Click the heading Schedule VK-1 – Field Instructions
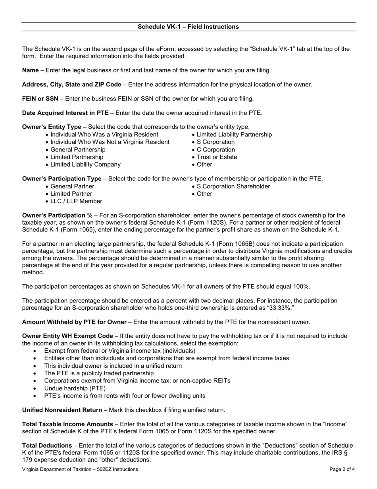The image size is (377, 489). [188, 27]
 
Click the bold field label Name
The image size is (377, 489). [30, 70]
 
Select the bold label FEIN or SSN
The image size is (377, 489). [40, 99]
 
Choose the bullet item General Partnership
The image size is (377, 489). [78, 149]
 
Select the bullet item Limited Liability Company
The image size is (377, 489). [85, 165]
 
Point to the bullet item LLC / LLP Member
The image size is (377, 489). [76, 201]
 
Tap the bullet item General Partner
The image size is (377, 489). [72, 186]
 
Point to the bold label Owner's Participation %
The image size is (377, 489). [57, 215]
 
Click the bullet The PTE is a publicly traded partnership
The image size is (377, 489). [99, 373]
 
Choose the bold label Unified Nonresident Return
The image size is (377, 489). [62, 410]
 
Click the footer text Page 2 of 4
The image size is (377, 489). [342, 469]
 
